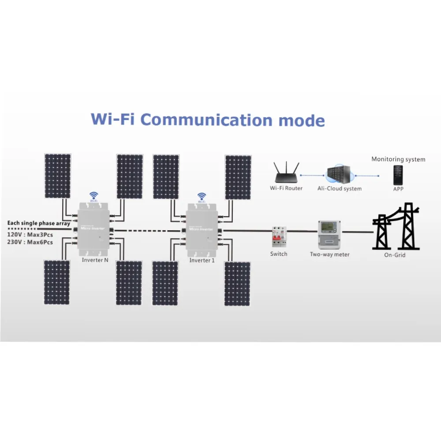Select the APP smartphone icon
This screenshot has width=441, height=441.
tap(398, 175)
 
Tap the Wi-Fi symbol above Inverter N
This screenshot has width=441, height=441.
tap(93, 195)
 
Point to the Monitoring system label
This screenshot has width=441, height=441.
tap(398, 159)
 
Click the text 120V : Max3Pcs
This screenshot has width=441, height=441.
tap(30, 235)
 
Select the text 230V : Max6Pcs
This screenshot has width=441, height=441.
tap(30, 242)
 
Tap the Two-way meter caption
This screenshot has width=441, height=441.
tap(329, 254)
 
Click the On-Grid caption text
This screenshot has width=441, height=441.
tap(395, 255)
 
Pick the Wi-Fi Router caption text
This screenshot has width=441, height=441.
tap(286, 188)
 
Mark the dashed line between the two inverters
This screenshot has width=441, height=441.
tap(148, 230)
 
